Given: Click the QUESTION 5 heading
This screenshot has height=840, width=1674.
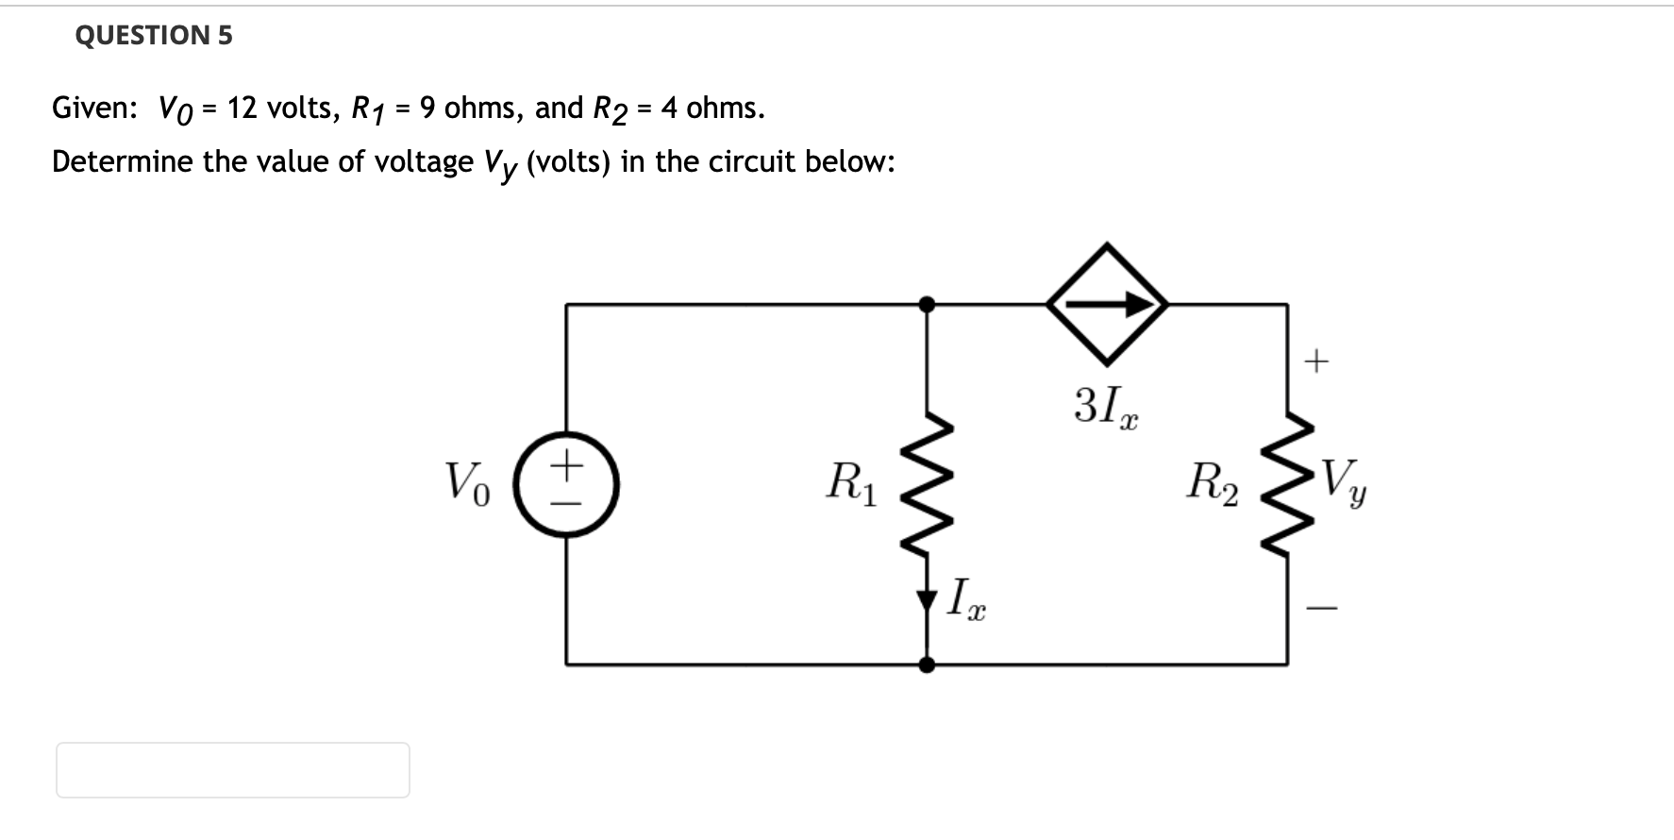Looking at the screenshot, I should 153,36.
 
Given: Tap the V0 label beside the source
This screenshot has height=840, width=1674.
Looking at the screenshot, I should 467,482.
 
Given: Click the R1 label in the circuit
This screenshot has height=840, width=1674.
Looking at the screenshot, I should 851,482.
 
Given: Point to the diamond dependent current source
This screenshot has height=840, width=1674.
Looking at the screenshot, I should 1107,304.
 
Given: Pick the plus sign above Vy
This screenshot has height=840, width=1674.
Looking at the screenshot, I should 1316,361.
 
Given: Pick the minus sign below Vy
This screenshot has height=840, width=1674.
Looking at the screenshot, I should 1321,609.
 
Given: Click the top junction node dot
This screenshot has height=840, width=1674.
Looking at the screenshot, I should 928,304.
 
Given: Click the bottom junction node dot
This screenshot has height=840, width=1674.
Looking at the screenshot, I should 928,664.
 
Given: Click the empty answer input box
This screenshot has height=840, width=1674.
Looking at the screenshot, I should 233,770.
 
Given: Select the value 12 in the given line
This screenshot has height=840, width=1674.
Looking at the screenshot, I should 243,108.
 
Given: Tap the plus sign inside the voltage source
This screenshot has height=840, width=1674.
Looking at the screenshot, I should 566,464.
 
